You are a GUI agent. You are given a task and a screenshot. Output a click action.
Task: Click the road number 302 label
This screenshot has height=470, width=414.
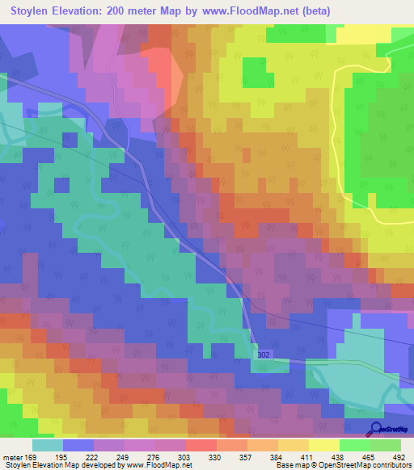[x=264, y=355]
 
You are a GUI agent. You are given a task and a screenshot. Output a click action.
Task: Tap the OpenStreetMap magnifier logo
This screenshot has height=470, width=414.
[x=375, y=428]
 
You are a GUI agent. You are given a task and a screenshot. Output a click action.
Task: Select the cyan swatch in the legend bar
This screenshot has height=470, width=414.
[x=48, y=446]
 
